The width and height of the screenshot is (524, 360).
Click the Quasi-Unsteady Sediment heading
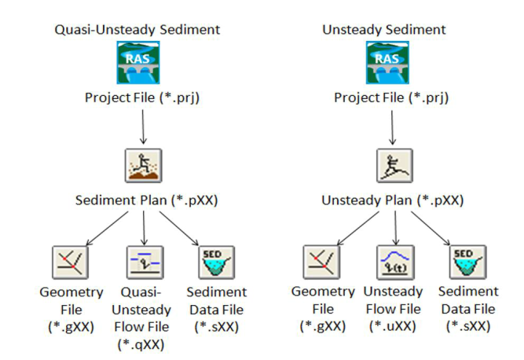[137, 30]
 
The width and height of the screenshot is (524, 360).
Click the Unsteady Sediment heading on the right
[384, 30]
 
